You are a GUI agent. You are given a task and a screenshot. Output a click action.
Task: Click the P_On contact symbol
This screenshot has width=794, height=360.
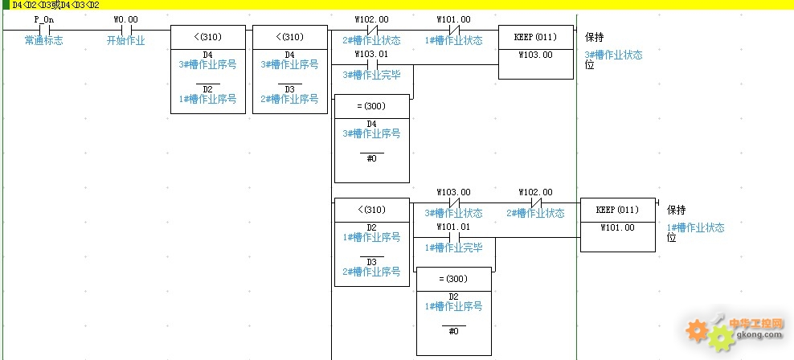[x=44, y=30]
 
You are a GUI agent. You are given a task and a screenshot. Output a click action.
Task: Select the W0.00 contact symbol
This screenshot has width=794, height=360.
[x=126, y=30]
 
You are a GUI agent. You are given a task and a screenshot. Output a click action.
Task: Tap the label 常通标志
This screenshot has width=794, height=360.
[x=44, y=40]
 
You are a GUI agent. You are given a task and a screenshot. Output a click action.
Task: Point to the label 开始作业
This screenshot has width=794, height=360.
[x=125, y=40]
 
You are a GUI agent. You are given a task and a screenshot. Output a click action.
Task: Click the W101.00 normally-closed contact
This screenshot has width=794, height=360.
[x=454, y=30]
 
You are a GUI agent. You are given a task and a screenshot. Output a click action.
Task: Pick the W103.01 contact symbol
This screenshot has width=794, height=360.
[x=372, y=65]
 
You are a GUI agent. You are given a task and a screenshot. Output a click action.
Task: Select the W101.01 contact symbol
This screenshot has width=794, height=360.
[x=454, y=237]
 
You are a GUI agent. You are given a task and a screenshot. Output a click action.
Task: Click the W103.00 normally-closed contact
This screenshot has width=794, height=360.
[x=454, y=202]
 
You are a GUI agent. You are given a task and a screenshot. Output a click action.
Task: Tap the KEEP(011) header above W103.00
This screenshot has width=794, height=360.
[x=536, y=37]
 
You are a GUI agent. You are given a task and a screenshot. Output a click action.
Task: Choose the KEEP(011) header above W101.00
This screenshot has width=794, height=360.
[x=617, y=210]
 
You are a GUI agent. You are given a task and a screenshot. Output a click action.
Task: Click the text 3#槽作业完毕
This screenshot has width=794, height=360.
[x=371, y=75]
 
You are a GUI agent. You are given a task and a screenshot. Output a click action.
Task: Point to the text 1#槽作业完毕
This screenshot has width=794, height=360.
[x=453, y=247]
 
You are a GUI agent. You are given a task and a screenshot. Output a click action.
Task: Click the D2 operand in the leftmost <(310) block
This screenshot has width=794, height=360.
[x=207, y=89]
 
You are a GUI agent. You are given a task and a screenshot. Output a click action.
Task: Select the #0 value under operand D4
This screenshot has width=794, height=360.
[x=371, y=158]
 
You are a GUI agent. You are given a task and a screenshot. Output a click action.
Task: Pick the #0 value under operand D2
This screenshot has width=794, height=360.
[x=454, y=331]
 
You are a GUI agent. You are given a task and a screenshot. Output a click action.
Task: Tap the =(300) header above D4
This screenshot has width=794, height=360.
[x=371, y=106]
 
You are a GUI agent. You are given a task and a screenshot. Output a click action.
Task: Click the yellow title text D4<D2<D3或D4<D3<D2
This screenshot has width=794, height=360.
[x=55, y=5]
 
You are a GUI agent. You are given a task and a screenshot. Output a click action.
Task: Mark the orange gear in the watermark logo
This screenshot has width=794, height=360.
[x=698, y=330]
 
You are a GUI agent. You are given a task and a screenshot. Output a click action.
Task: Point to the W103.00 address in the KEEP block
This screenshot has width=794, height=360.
[x=536, y=55]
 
